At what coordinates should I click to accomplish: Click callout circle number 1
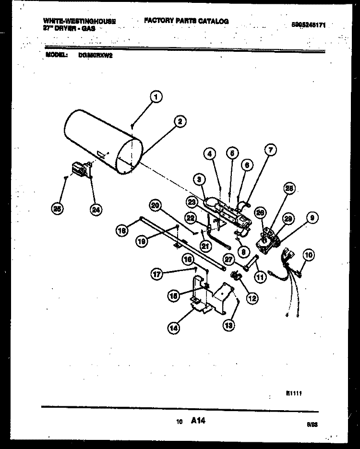(155, 96)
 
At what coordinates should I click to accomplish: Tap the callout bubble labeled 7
(270, 151)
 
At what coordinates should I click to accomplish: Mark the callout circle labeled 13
(229, 325)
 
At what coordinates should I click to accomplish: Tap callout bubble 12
(251, 297)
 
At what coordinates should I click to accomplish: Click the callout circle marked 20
(155, 205)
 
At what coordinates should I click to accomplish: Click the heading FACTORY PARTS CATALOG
(186, 21)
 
